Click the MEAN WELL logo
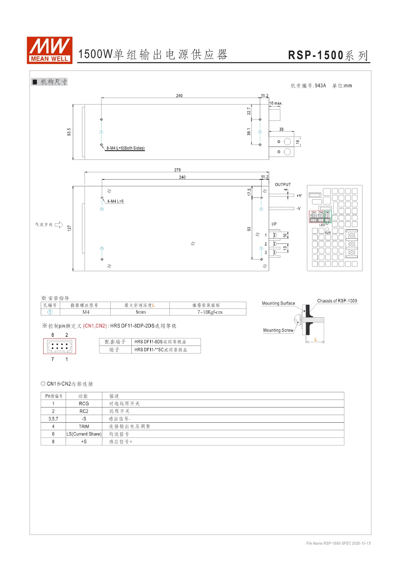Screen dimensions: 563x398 coord(49,50)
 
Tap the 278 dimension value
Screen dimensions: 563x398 coord(177,170)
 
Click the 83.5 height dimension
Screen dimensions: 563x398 coord(69,132)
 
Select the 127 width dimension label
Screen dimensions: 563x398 coord(69,228)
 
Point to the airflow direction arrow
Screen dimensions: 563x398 coord(59,225)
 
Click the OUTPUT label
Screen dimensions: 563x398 coord(283,184)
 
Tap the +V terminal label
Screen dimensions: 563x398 coord(299,196)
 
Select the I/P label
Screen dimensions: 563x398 coord(274,224)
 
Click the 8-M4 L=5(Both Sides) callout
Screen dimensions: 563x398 coord(125,148)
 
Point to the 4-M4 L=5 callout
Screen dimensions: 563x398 coord(115,201)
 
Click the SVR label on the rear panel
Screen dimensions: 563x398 coord(328,233)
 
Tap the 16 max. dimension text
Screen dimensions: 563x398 coord(276,103)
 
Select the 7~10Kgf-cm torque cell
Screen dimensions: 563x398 coord(209,312)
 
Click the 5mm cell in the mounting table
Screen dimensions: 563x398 coord(140,312)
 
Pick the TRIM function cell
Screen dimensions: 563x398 coord(84,426)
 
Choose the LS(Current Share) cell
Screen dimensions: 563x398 coord(84,434)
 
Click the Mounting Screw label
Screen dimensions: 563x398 coord(278,330)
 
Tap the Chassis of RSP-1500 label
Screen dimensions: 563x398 coord(337,301)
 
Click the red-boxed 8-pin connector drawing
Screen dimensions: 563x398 coord(60,346)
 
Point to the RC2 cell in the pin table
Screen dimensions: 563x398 coord(84,411)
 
